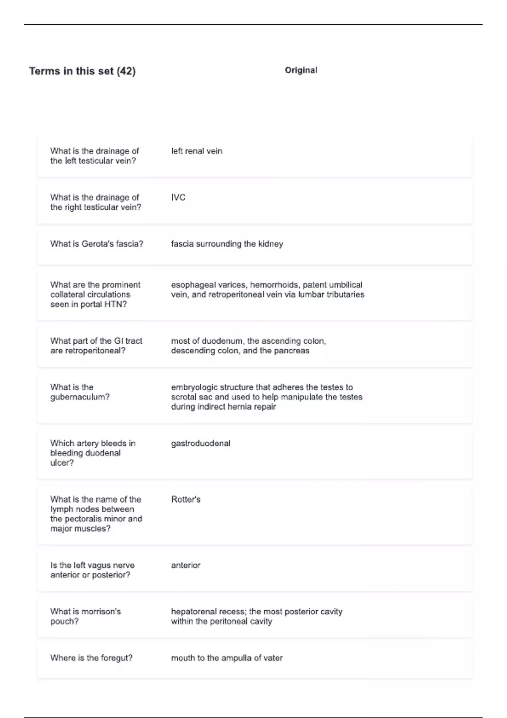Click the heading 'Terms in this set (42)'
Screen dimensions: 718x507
point(82,71)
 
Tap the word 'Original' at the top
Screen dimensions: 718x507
point(301,70)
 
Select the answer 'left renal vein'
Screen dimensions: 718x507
point(196,151)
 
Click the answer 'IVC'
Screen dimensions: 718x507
point(178,198)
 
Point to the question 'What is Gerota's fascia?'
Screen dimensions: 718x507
point(97,244)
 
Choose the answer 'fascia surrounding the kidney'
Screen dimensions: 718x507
point(227,244)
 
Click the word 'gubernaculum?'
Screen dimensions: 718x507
point(80,397)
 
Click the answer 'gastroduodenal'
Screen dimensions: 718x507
point(201,443)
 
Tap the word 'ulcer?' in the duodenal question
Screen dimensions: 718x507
point(62,463)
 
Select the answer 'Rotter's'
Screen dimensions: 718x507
point(186,500)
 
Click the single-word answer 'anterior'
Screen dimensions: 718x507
point(185,566)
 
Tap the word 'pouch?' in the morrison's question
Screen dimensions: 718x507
point(64,622)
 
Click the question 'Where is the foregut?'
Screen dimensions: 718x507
point(91,658)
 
